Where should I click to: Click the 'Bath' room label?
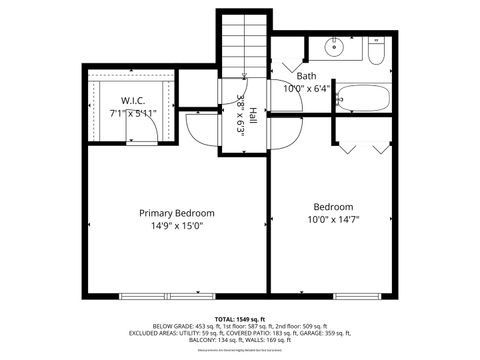tap(307, 76)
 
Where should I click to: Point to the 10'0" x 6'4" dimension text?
tap(307, 89)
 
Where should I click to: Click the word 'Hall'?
tap(254, 115)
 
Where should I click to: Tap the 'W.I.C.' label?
tap(134, 100)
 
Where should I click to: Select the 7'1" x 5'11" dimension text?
tap(134, 113)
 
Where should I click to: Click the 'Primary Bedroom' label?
tap(176, 213)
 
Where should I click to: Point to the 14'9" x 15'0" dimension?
tap(176, 226)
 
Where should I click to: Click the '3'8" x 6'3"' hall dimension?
tap(240, 115)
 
